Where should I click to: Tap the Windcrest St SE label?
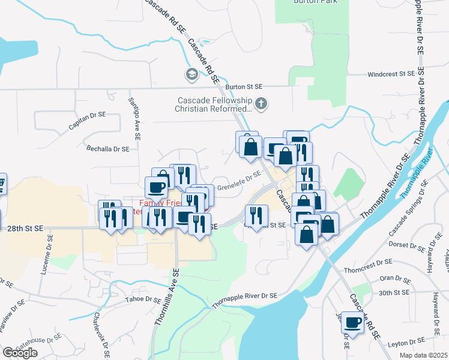(x=391, y=74)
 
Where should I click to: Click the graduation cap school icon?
(x=192, y=75)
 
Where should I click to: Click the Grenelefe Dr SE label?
(x=239, y=181)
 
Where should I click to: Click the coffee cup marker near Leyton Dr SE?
(x=352, y=322)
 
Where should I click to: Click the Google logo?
(x=20, y=352)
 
